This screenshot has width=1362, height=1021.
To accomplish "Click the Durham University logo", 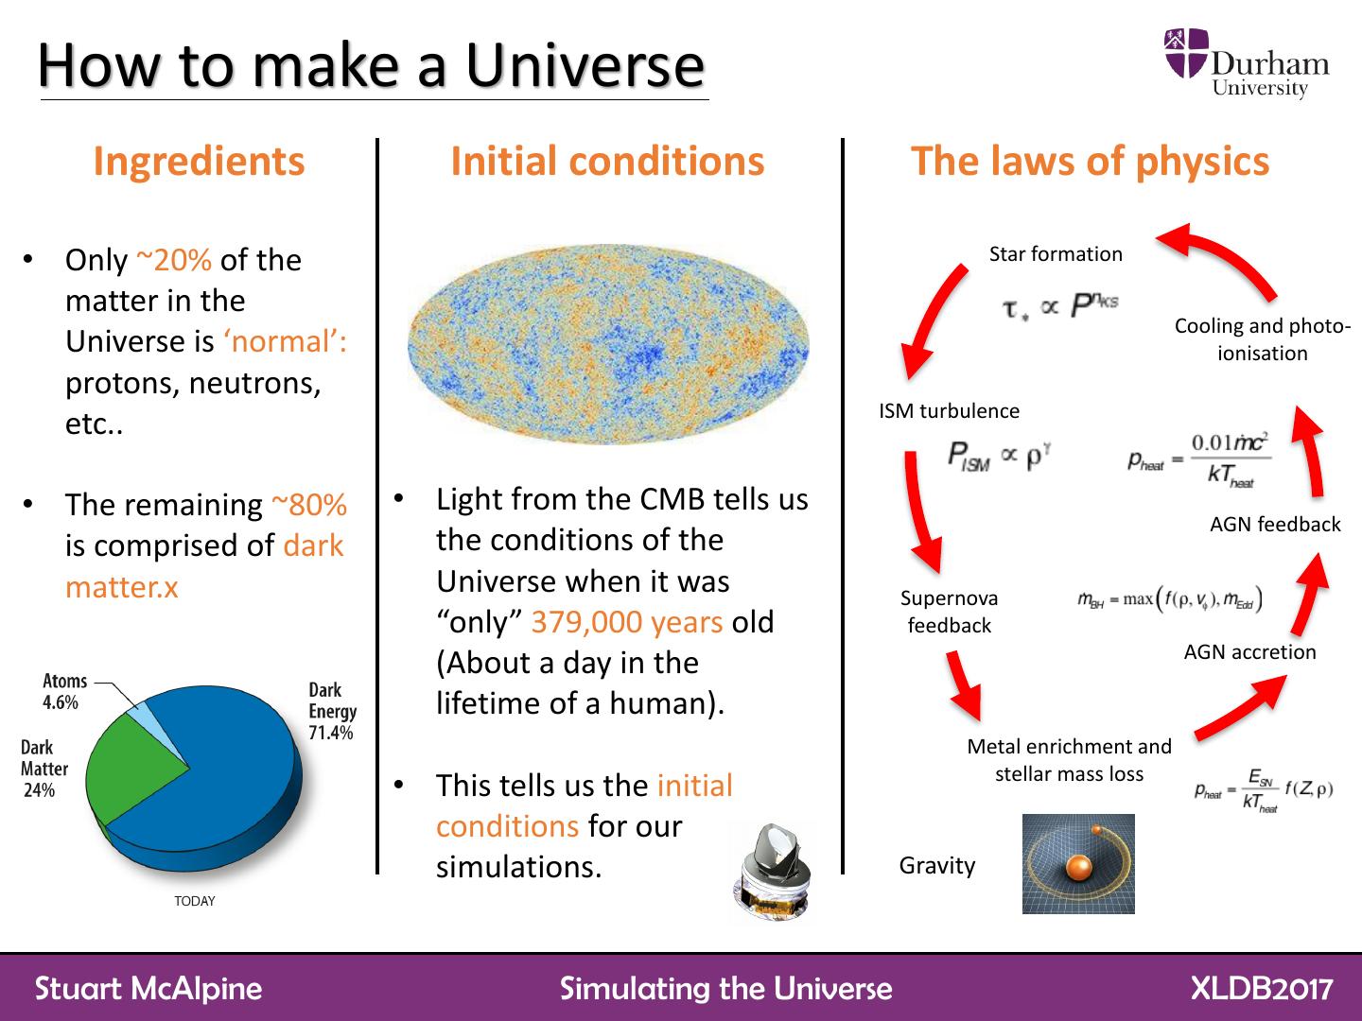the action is coord(1246,63).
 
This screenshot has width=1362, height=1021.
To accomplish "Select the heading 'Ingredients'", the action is coord(199,162).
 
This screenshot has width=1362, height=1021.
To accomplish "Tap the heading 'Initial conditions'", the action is coord(607,162).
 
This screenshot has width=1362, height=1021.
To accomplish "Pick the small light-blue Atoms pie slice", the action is coord(139,706).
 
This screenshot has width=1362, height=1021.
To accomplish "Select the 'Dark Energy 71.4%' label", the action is coord(331,711).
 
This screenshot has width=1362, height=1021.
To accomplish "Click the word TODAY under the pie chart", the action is coord(195,901).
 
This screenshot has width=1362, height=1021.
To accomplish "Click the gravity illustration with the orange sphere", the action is coord(1078,864).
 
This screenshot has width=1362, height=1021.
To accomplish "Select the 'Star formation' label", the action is coord(1056,254).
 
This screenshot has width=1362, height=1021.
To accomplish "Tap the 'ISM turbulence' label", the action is coord(949,411).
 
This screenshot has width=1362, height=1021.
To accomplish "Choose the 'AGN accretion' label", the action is coord(1249,652).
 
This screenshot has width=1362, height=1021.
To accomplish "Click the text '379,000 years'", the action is coord(627,622).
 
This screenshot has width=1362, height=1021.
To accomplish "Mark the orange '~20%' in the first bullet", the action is coord(174,260).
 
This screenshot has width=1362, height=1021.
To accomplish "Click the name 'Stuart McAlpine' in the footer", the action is coord(148,988).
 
